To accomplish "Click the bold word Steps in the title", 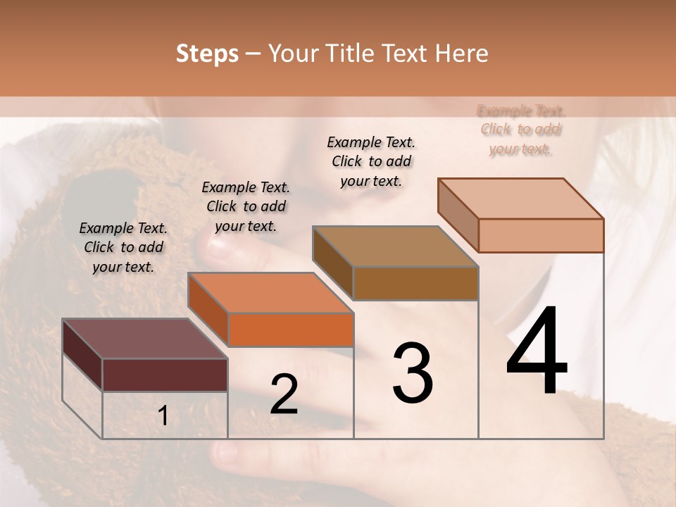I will [x=207, y=54].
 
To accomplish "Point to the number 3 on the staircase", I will [x=413, y=373].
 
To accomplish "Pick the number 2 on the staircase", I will [x=284, y=394].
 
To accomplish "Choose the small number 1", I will [x=163, y=416].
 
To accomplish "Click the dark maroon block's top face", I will [x=144, y=339].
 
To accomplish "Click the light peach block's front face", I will [x=541, y=235].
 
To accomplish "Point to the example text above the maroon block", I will [x=123, y=247].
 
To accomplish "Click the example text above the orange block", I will [x=246, y=206].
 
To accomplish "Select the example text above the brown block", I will [x=371, y=161].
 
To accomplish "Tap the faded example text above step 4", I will [x=520, y=130].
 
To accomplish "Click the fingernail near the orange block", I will [x=224, y=247].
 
